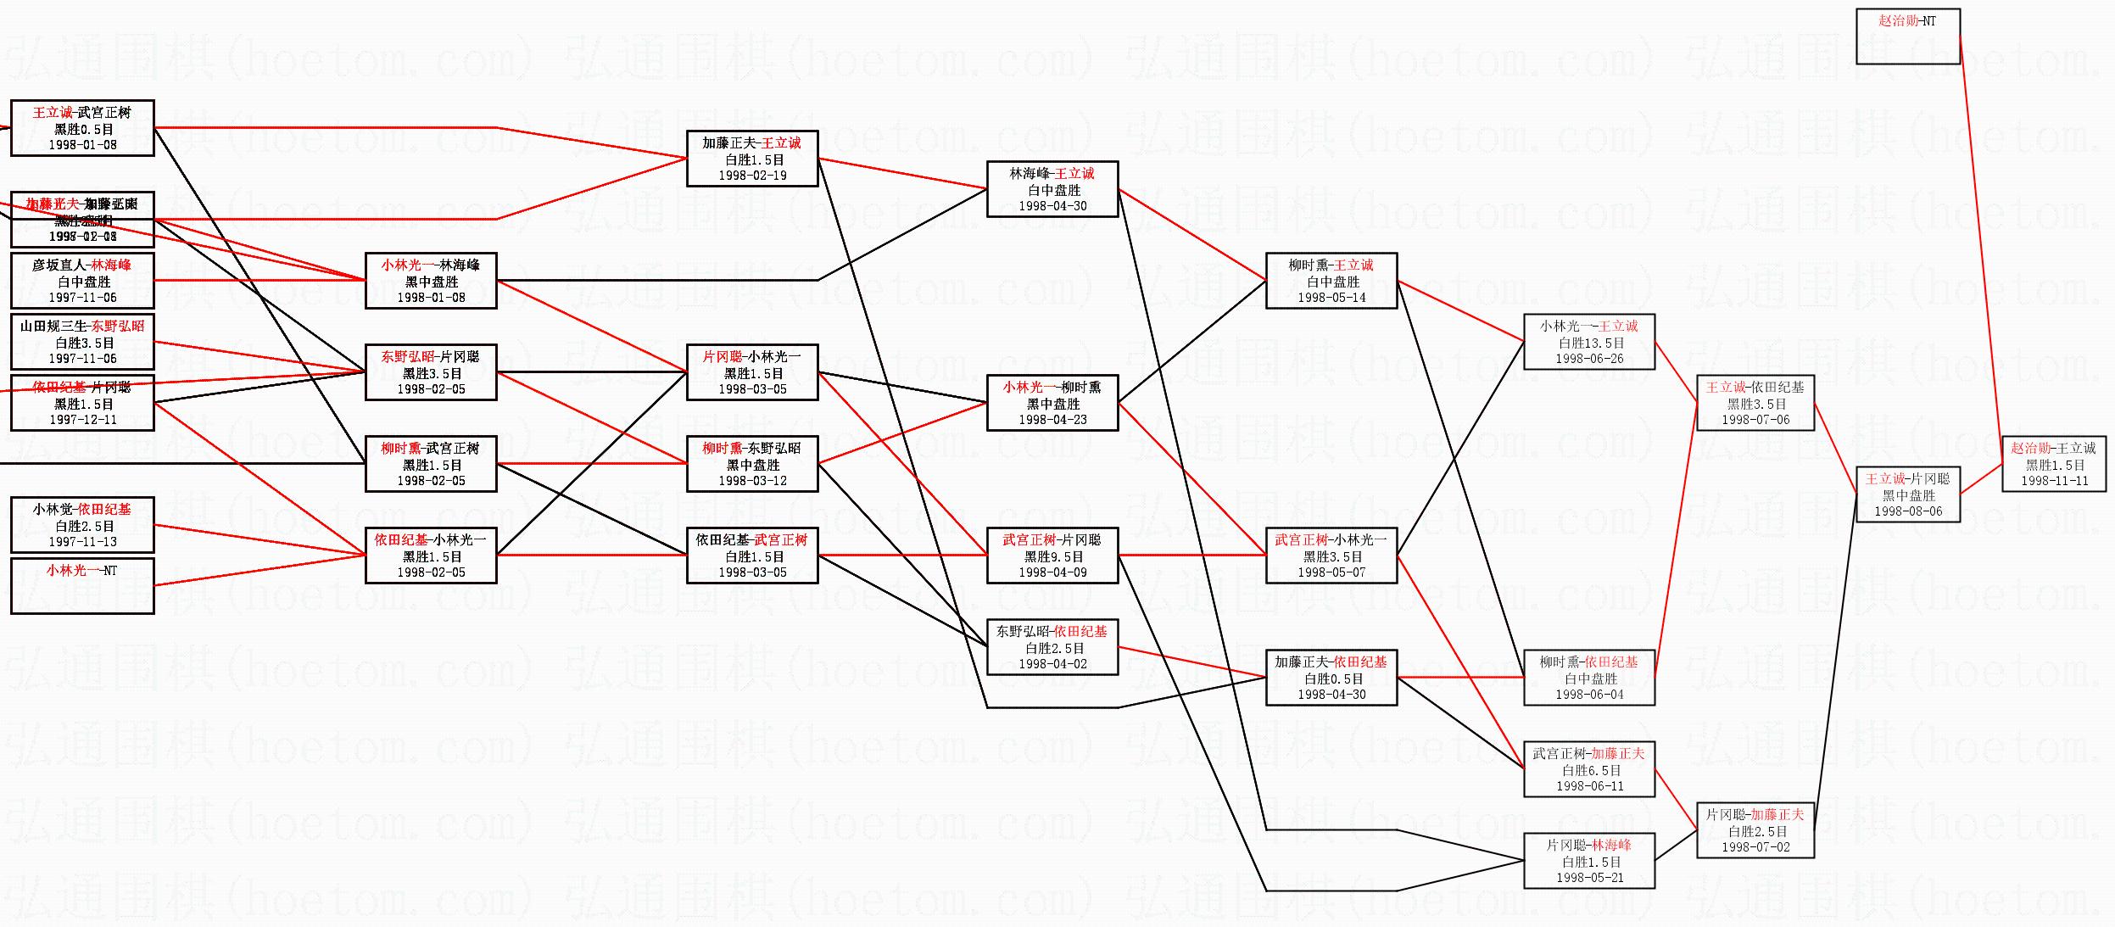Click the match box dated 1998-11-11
pos(2054,464)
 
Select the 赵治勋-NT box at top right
pos(1907,36)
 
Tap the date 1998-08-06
pos(1907,511)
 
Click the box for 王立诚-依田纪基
pos(1755,403)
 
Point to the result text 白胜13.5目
pos(1590,343)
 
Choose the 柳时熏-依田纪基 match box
pos(1588,678)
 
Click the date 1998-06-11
pos(1589,786)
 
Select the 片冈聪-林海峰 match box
pos(1588,861)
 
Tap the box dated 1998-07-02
pos(1755,830)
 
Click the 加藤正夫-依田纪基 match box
pos(1331,678)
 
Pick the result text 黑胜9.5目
pos(1052,556)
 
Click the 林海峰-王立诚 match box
pos(1052,189)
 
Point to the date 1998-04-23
pos(1052,420)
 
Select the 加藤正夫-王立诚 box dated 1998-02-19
pos(751,159)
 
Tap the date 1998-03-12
pos(752,481)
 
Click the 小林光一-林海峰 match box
pos(431,281)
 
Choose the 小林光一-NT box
pos(82,585)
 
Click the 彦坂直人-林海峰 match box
pos(82,281)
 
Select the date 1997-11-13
pos(82,542)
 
